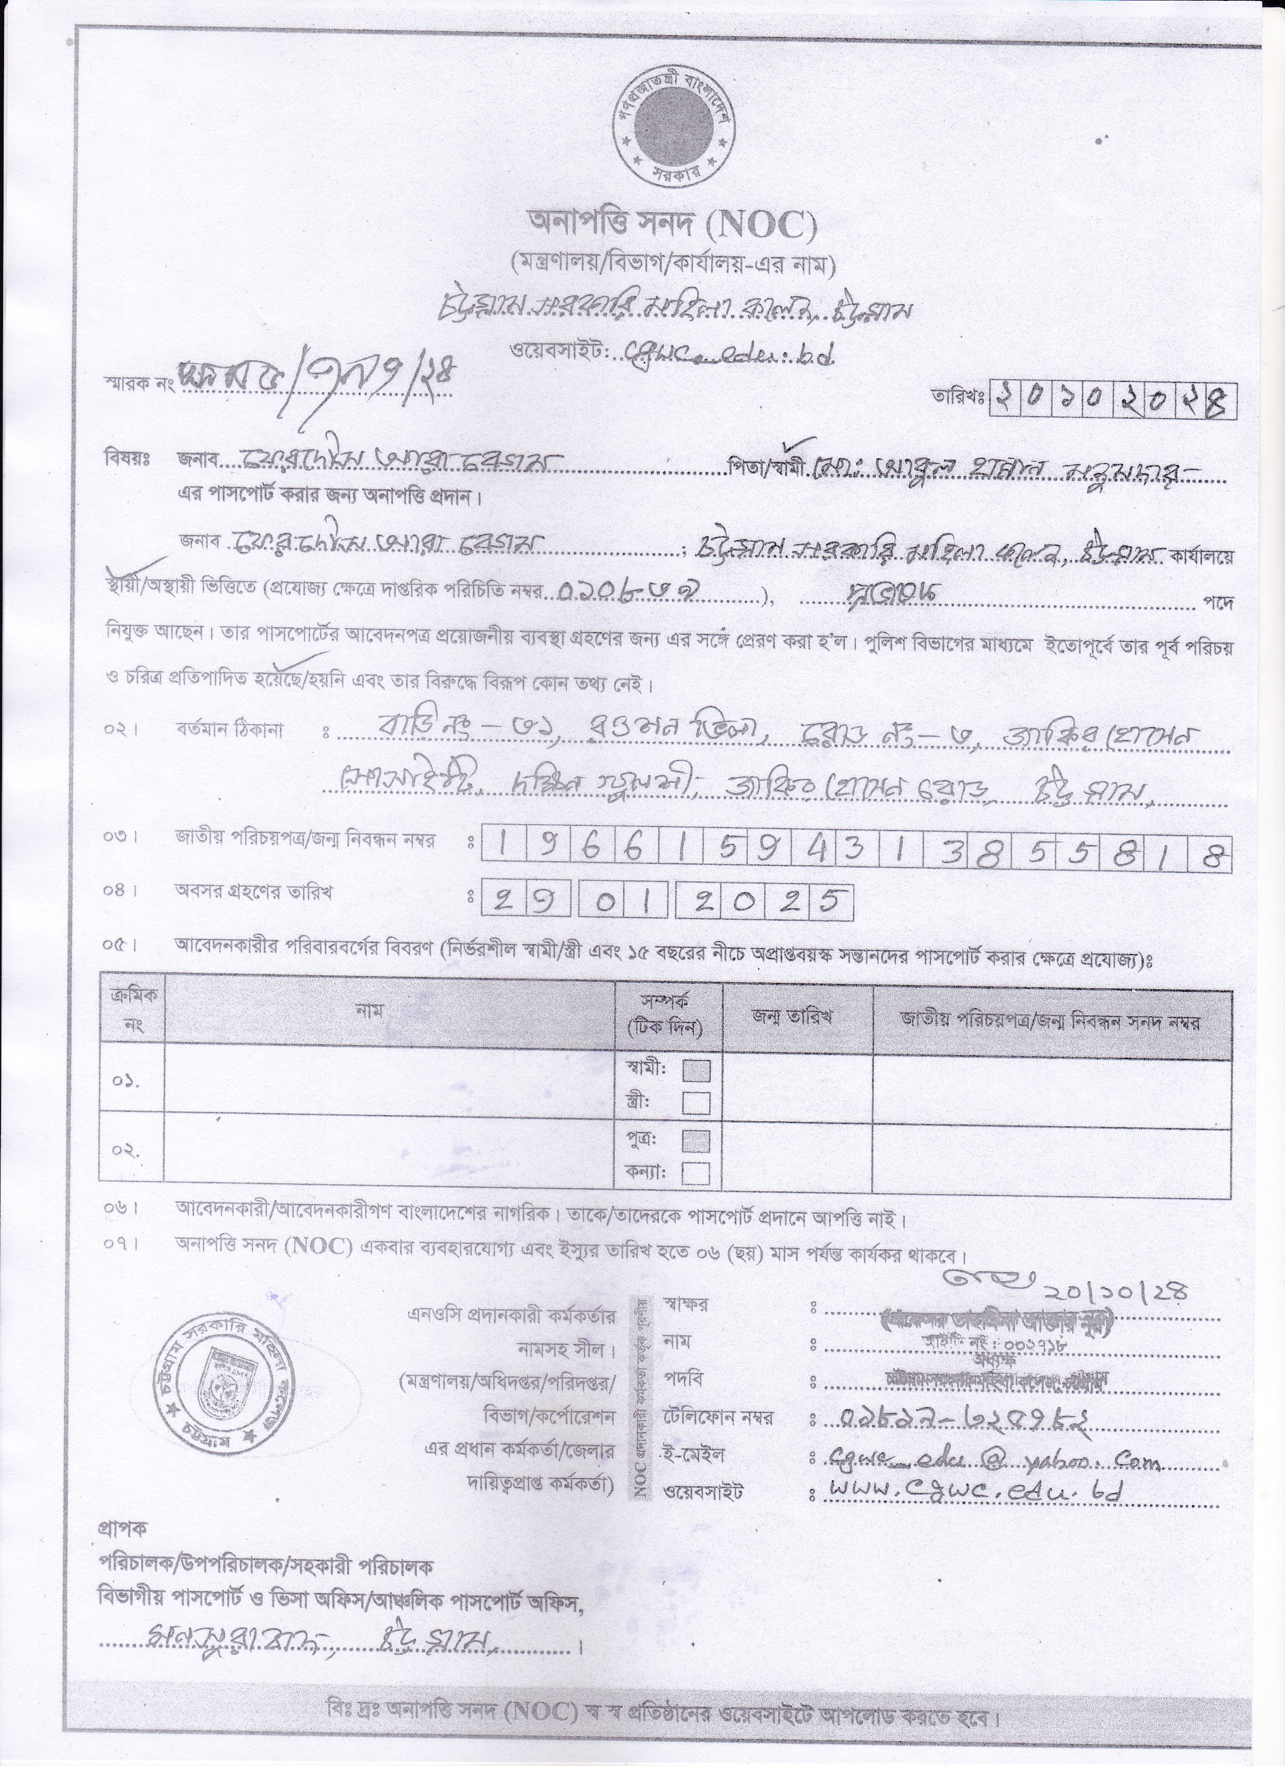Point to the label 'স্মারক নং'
(x=140, y=384)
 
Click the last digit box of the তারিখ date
(x=1220, y=402)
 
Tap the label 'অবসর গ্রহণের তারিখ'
(x=254, y=893)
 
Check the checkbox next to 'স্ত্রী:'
(x=696, y=1102)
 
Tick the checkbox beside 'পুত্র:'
(x=696, y=1141)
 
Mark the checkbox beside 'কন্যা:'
(x=696, y=1172)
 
